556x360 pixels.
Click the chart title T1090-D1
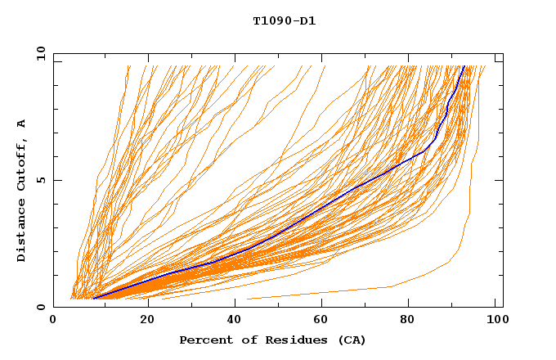pos(284,20)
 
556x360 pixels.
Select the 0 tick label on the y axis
pos(40,307)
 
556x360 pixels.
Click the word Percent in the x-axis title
pos(203,340)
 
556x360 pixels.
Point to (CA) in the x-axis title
pos(351,340)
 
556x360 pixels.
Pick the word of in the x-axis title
pos(243,340)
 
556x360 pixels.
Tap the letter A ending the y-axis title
pos(21,124)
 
